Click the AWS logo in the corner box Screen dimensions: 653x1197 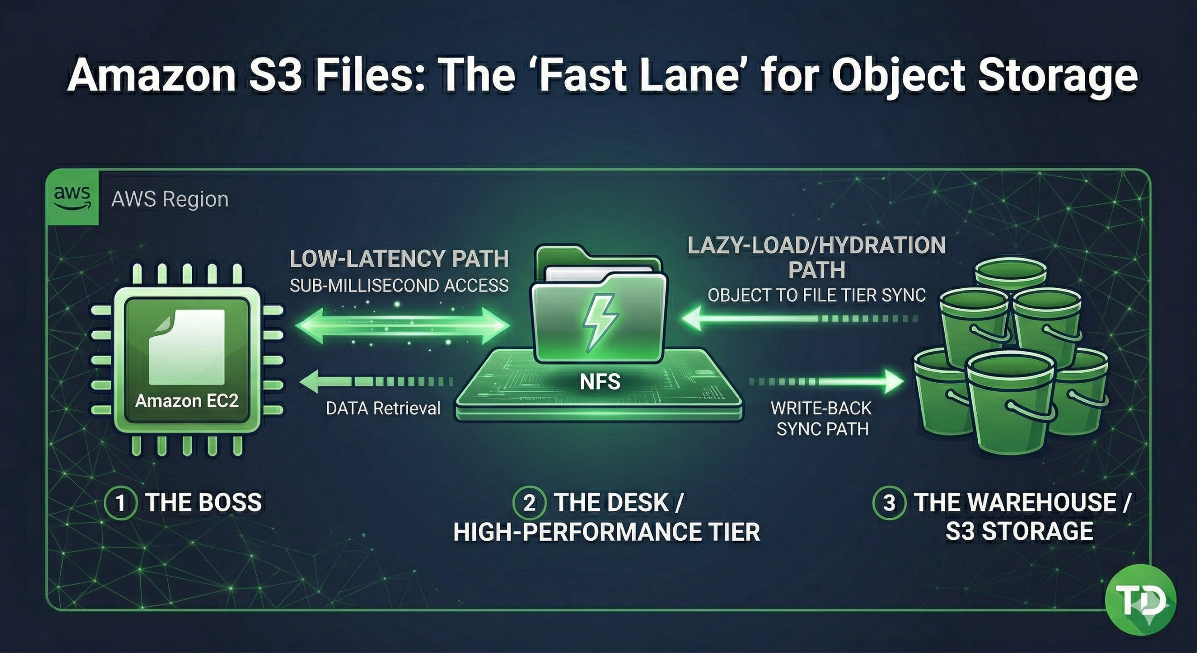pyautogui.click(x=72, y=198)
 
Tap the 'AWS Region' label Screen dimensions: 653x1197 pyautogui.click(x=170, y=200)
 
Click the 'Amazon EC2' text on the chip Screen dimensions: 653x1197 pyautogui.click(x=187, y=401)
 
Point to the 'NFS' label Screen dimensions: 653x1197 pyautogui.click(x=600, y=382)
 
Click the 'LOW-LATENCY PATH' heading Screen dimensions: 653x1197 pyautogui.click(x=399, y=259)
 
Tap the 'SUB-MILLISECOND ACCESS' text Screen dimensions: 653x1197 pyautogui.click(x=399, y=285)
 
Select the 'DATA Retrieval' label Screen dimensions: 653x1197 pyautogui.click(x=383, y=408)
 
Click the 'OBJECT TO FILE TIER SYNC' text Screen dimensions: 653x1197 pyautogui.click(x=816, y=295)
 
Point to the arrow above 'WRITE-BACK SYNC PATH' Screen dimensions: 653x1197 pyautogui.click(x=827, y=382)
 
